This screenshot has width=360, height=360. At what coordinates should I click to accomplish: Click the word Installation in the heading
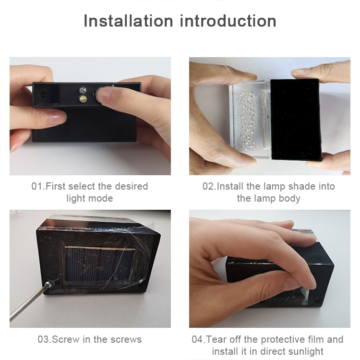click(128, 21)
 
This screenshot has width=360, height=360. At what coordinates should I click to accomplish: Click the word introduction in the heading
click(228, 21)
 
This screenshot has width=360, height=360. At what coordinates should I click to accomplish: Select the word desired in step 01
click(132, 186)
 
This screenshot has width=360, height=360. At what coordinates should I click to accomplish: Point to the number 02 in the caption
click(208, 186)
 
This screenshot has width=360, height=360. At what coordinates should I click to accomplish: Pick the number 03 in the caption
click(44, 339)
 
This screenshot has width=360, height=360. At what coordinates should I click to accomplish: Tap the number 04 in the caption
click(198, 339)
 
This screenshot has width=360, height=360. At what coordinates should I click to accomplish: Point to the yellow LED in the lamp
click(83, 99)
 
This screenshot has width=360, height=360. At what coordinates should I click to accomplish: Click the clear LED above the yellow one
click(83, 89)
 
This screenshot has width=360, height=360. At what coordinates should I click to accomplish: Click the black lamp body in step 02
click(295, 120)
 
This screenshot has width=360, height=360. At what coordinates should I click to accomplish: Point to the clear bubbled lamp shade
click(250, 120)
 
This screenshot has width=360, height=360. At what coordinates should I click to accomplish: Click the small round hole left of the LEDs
click(43, 95)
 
